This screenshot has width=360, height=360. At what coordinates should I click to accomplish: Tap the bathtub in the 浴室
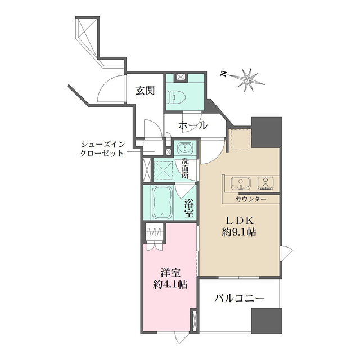(x=163, y=202)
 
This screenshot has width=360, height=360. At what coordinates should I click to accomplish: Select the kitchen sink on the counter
(x=241, y=183)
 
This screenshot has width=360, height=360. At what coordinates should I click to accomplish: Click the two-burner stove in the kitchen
(x=265, y=183)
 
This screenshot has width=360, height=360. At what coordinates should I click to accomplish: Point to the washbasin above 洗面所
(x=185, y=147)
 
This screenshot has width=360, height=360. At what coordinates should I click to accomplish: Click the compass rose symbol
(x=248, y=80)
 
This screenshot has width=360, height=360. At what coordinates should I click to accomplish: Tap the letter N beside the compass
(x=223, y=74)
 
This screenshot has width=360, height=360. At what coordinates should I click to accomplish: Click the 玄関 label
(x=145, y=91)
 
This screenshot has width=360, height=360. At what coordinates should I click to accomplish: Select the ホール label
(x=193, y=125)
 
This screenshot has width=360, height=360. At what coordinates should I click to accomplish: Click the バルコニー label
(x=239, y=298)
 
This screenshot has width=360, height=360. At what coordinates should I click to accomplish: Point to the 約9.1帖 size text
(x=238, y=232)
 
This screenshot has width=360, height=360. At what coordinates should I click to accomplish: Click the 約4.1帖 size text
(x=170, y=285)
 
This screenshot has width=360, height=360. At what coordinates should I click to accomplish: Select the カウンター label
(x=251, y=199)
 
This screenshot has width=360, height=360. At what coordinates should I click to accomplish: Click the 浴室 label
(x=190, y=208)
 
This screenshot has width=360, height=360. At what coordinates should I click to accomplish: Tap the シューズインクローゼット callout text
(x=102, y=148)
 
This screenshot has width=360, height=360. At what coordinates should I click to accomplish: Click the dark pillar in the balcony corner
(x=267, y=321)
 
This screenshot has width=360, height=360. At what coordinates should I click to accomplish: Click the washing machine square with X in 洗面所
(x=164, y=170)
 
